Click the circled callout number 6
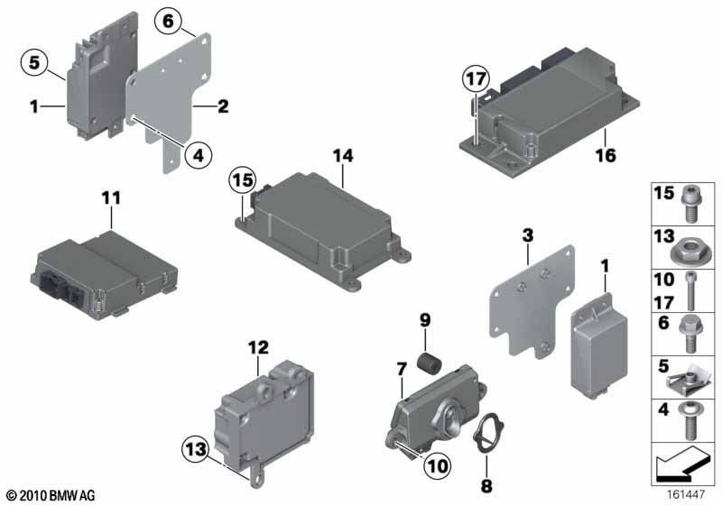(x=168, y=21)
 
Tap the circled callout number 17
(x=476, y=78)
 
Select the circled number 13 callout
(x=196, y=448)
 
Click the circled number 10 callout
(x=438, y=466)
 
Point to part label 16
(x=606, y=155)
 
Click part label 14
(x=343, y=156)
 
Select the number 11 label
(x=111, y=198)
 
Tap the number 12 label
(x=258, y=348)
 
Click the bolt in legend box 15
(x=690, y=203)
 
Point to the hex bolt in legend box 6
(x=689, y=334)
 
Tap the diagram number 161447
(x=686, y=495)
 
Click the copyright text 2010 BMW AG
(x=51, y=495)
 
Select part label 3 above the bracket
(x=527, y=235)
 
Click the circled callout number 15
(x=243, y=179)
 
